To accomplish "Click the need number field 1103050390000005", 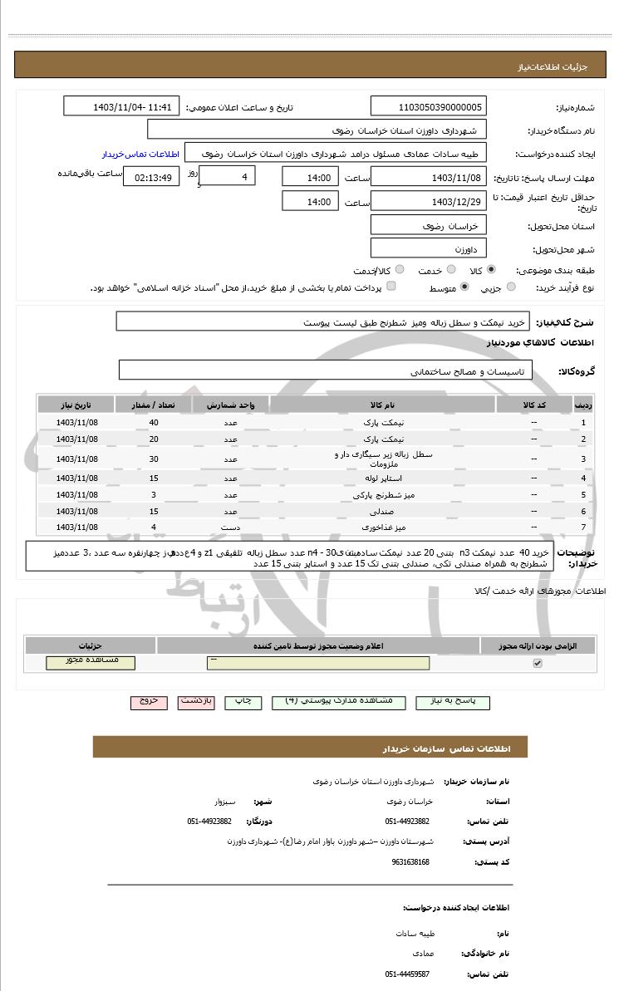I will [x=429, y=107].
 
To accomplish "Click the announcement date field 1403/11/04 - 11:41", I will [x=121, y=107].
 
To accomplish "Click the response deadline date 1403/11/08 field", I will [x=429, y=178].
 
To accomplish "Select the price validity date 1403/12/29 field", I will [x=429, y=201].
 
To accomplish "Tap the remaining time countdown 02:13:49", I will [x=150, y=178].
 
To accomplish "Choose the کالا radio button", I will [x=491, y=270].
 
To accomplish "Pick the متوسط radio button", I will [x=464, y=287].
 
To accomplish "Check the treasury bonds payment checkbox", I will [x=391, y=287].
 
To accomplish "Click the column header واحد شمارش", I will [x=230, y=405].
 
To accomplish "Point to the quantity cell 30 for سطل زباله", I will [x=154, y=459].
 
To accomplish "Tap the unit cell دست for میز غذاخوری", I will [x=230, y=527].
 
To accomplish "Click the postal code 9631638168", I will [x=410, y=862].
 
